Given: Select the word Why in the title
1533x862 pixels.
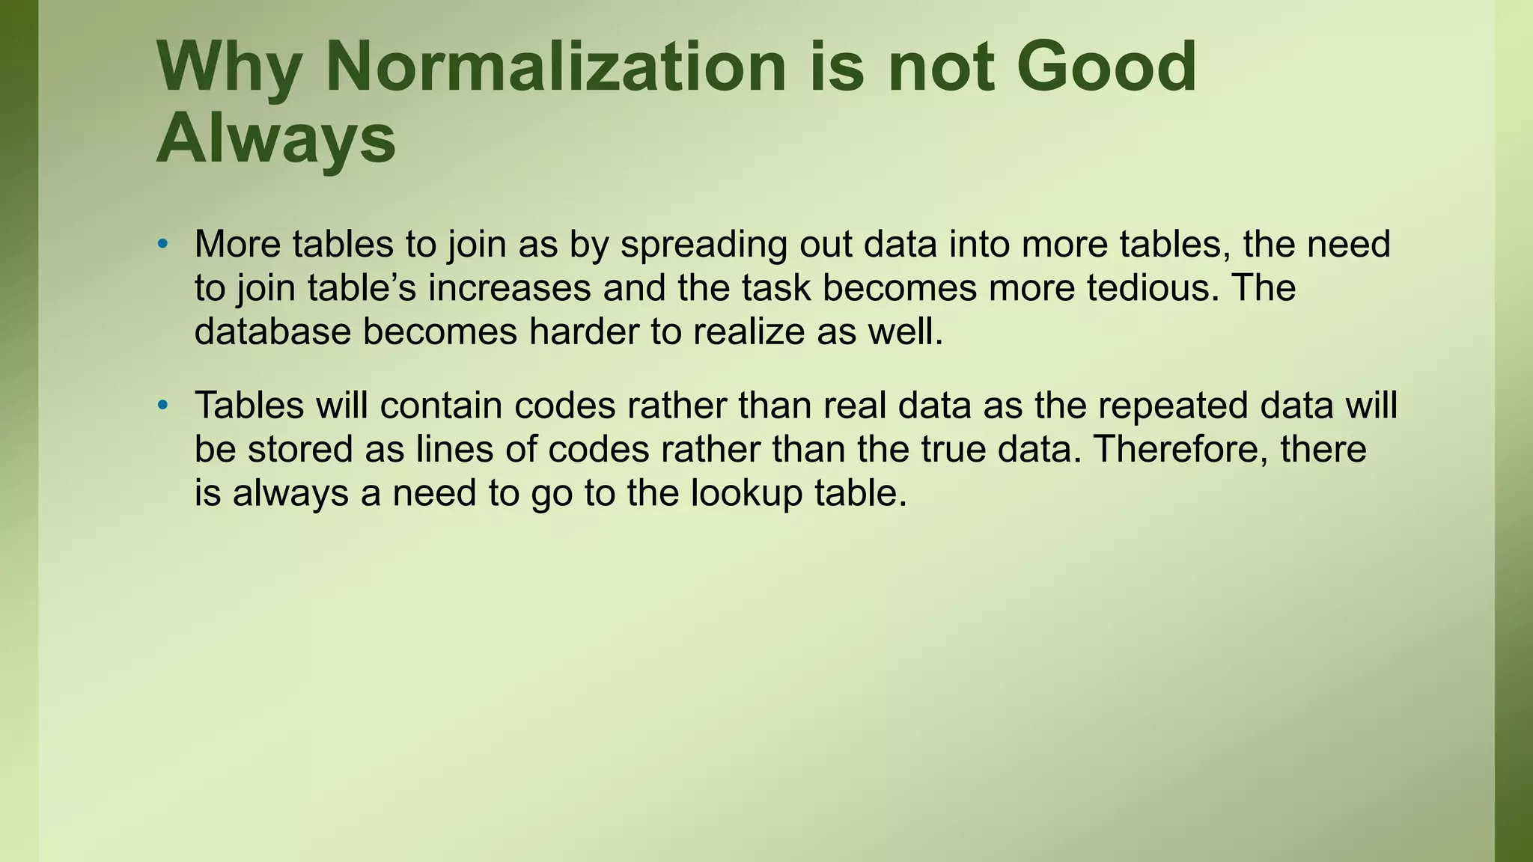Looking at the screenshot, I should click(x=229, y=69).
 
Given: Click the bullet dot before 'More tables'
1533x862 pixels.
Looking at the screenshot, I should click(x=162, y=245).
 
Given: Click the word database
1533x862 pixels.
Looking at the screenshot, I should click(x=272, y=331).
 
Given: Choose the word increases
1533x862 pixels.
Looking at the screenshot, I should click(x=509, y=288).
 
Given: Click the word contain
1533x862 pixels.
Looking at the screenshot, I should click(x=440, y=406).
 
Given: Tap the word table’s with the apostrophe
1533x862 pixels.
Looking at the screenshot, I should click(x=362, y=288).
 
